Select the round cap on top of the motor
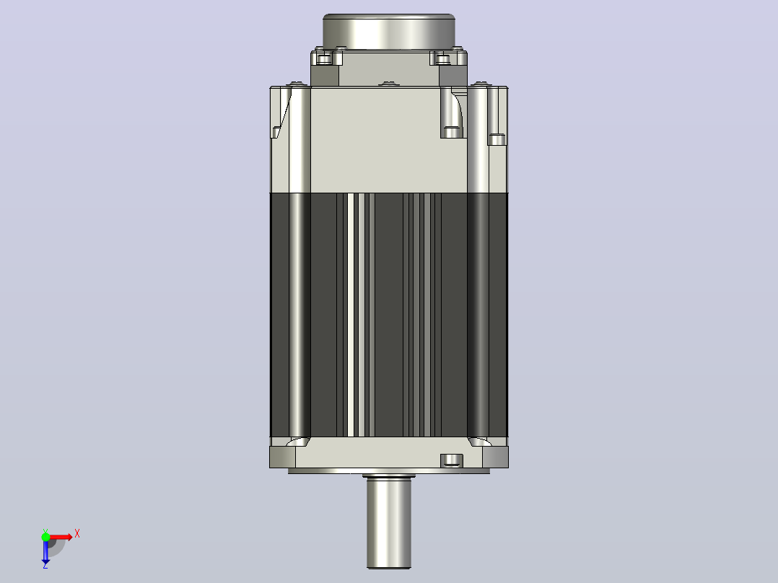point(389,31)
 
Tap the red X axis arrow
point(60,537)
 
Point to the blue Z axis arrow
point(45,552)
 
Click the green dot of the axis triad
point(45,537)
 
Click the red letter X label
point(77,534)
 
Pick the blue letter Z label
point(45,565)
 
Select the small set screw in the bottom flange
point(452,460)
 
